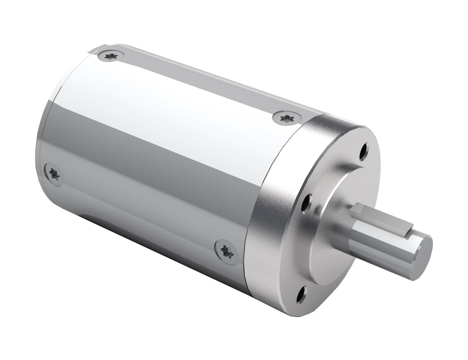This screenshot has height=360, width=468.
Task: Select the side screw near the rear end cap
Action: [x=53, y=173]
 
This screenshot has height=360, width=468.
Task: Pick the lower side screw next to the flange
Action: [x=226, y=249]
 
